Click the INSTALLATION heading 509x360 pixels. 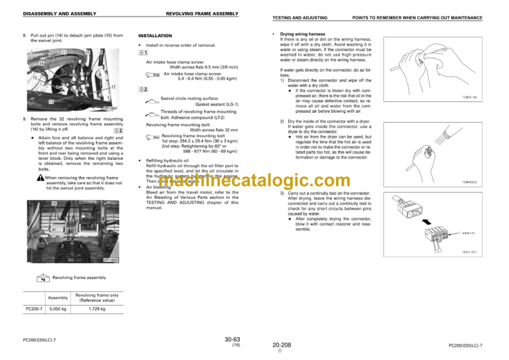pyautogui.click(x=155, y=34)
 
